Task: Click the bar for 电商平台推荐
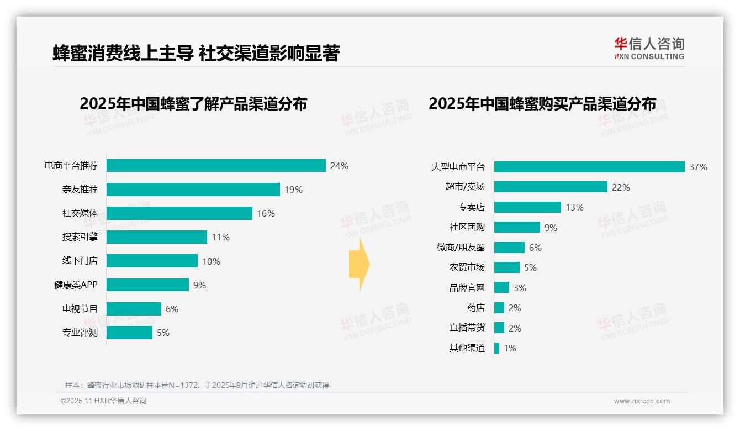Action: pos(215,166)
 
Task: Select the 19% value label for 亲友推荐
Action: pos(293,190)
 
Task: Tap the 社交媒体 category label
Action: pos(80,213)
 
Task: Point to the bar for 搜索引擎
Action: pos(156,237)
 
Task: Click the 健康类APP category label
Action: pos(76,285)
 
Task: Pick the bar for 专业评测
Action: pos(129,333)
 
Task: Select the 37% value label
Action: pos(698,167)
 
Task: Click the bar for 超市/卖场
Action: pos(551,187)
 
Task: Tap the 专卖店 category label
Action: pos(471,207)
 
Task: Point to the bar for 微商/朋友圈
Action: pos(509,248)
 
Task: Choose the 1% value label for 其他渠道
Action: pos(510,348)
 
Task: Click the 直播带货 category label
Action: pos(467,328)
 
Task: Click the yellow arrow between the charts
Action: pos(359,265)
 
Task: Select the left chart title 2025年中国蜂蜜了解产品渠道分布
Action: pos(193,104)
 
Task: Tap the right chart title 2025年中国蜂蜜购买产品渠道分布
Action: pos(542,104)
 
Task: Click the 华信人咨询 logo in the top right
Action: pos(649,48)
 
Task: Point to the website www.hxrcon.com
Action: pos(642,401)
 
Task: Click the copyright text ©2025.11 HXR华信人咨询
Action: pos(103,401)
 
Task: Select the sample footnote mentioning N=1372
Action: pos(197,385)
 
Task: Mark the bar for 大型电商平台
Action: pos(589,167)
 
